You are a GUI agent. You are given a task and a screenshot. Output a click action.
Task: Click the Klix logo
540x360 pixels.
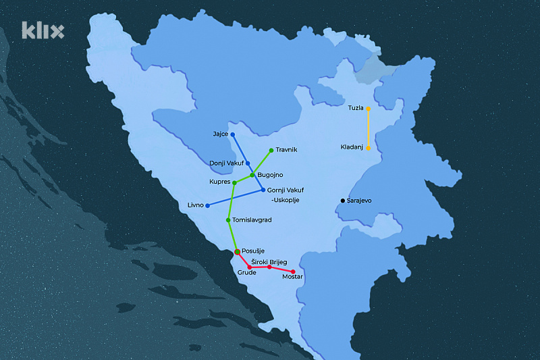click(43, 30)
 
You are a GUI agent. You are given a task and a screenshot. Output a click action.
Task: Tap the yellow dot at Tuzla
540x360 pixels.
click(369, 108)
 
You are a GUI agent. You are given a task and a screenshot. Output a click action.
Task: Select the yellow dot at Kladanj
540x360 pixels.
click(369, 147)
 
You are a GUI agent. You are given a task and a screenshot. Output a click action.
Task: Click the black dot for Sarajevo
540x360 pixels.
click(342, 201)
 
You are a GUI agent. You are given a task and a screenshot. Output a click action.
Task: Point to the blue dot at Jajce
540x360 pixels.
click(233, 134)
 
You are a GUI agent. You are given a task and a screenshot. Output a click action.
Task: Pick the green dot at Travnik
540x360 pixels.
click(271, 150)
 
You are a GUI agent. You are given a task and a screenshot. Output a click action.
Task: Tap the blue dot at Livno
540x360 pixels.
click(207, 205)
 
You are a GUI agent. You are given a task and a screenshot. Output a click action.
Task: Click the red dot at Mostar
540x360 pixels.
click(293, 272)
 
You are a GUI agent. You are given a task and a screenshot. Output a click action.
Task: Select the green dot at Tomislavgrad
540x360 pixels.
click(229, 220)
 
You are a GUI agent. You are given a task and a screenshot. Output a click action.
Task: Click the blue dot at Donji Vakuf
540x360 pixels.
click(248, 163)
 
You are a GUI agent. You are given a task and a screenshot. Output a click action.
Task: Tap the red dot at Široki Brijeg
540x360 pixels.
click(269, 267)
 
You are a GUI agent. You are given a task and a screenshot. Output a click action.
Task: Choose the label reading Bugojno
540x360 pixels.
click(270, 176)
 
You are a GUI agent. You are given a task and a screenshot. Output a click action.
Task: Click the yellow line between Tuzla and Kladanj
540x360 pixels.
click(369, 128)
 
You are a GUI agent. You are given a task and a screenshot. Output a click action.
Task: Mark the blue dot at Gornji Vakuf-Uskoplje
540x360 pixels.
click(263, 190)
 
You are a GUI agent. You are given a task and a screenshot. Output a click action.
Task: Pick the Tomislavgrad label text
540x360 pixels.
click(252, 220)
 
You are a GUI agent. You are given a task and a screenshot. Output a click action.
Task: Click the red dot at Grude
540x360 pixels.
click(250, 267)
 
